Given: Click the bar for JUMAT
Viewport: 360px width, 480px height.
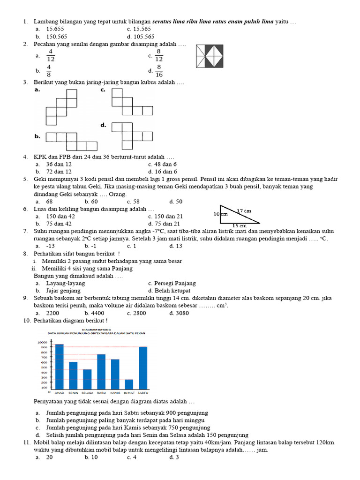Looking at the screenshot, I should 129,384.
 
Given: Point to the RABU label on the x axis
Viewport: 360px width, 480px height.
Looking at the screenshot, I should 101,392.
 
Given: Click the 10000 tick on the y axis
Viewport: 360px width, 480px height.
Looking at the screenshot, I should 42,343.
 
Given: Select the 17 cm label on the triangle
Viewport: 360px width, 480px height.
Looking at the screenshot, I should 244,210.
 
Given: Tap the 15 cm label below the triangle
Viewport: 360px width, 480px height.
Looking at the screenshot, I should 240,225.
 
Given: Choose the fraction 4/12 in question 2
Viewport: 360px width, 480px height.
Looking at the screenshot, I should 51,55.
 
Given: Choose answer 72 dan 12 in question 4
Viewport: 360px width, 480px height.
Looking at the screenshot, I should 59,172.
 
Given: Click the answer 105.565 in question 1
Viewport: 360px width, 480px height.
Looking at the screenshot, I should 143,36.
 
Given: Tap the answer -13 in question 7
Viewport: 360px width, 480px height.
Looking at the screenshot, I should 50,246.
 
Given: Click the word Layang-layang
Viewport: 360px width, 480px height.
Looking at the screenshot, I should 65,283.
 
